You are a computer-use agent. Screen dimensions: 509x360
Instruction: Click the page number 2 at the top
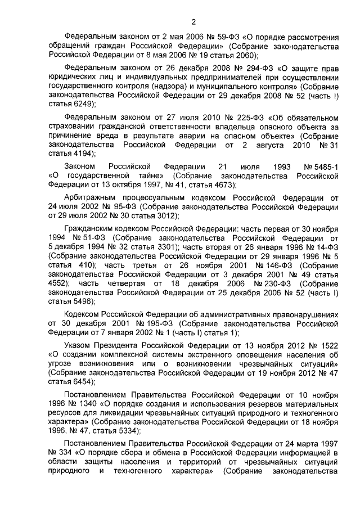point(193,22)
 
